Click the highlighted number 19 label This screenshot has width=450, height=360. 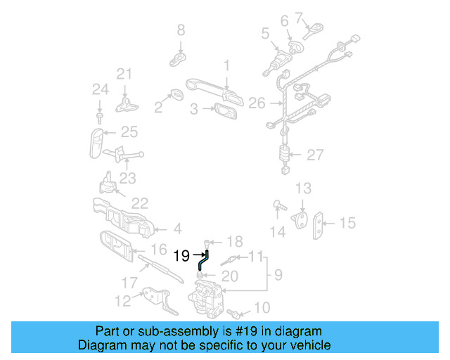181,256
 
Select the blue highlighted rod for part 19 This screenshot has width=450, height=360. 203,261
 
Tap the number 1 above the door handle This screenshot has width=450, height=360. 226,66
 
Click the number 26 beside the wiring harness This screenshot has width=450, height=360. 257,103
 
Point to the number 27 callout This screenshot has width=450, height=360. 314,155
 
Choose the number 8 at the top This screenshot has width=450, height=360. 181,30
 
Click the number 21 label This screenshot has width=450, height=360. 124,74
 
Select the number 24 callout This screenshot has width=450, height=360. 101,89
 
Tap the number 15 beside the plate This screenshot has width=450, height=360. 348,223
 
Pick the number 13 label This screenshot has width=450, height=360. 302,188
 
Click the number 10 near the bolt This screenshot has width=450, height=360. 261,307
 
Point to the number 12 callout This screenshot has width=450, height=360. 122,301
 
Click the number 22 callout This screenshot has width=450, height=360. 140,203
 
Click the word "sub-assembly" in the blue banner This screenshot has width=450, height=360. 183,331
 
